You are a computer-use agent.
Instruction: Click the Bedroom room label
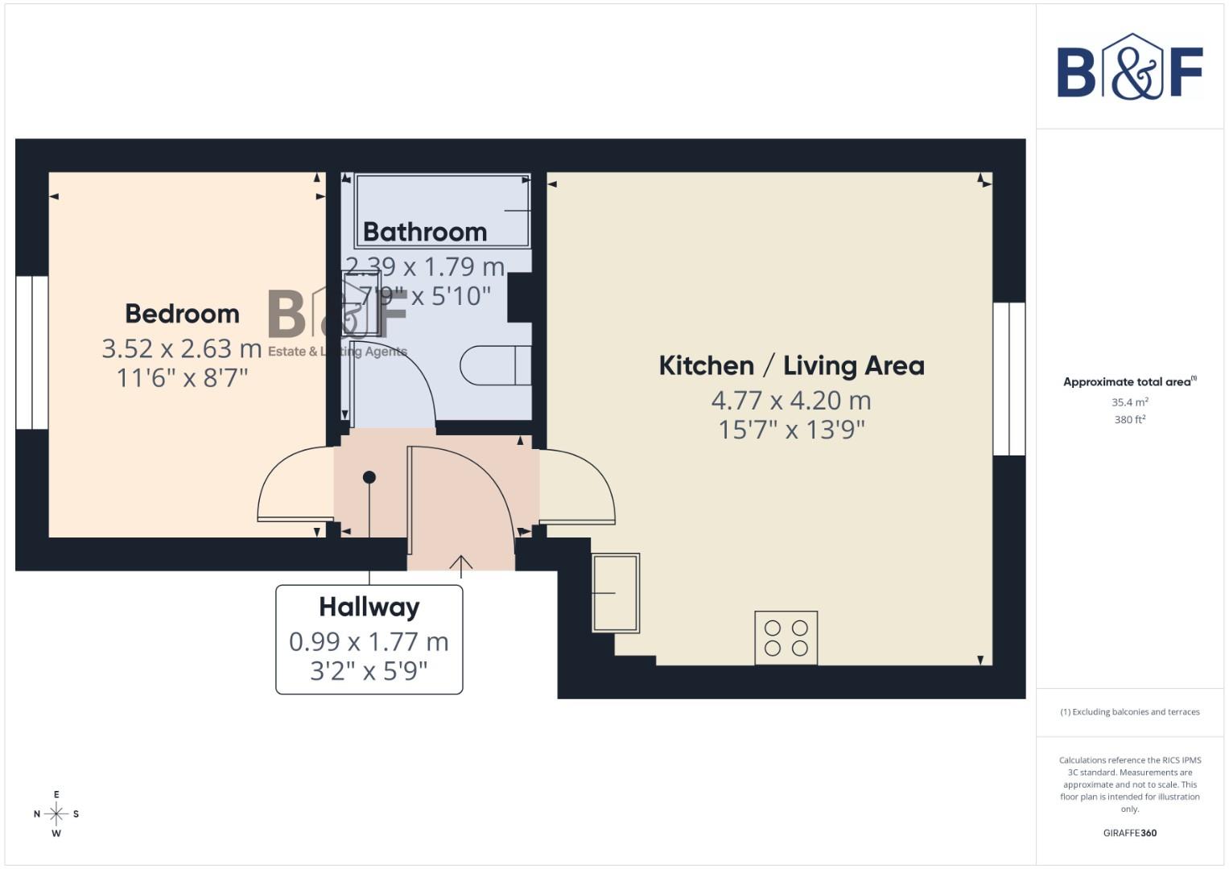(182, 314)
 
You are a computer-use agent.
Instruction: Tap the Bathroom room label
(425, 232)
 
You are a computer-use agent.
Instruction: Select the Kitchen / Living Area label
(791, 366)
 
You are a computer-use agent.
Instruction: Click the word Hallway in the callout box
(369, 607)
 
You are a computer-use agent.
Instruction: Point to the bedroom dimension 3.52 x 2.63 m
(182, 348)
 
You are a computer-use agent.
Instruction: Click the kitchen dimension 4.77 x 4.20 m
(791, 400)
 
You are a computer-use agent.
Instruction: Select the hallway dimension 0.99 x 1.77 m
(369, 642)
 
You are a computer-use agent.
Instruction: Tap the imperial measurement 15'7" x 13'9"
(791, 430)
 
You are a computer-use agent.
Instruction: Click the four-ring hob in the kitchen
(786, 638)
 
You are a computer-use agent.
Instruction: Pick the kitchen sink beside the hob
(616, 592)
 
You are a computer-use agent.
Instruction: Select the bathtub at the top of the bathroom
(443, 209)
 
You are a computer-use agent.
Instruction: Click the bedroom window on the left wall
(32, 352)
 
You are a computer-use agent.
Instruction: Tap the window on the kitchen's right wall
(1008, 379)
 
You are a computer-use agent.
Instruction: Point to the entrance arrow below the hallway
(460, 566)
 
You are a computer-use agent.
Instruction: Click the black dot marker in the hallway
(369, 477)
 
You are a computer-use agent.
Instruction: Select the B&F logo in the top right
(1129, 68)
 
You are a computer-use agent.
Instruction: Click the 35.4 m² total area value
(1129, 402)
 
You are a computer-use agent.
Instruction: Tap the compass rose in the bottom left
(56, 813)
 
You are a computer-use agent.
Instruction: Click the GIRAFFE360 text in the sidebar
(1129, 833)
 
